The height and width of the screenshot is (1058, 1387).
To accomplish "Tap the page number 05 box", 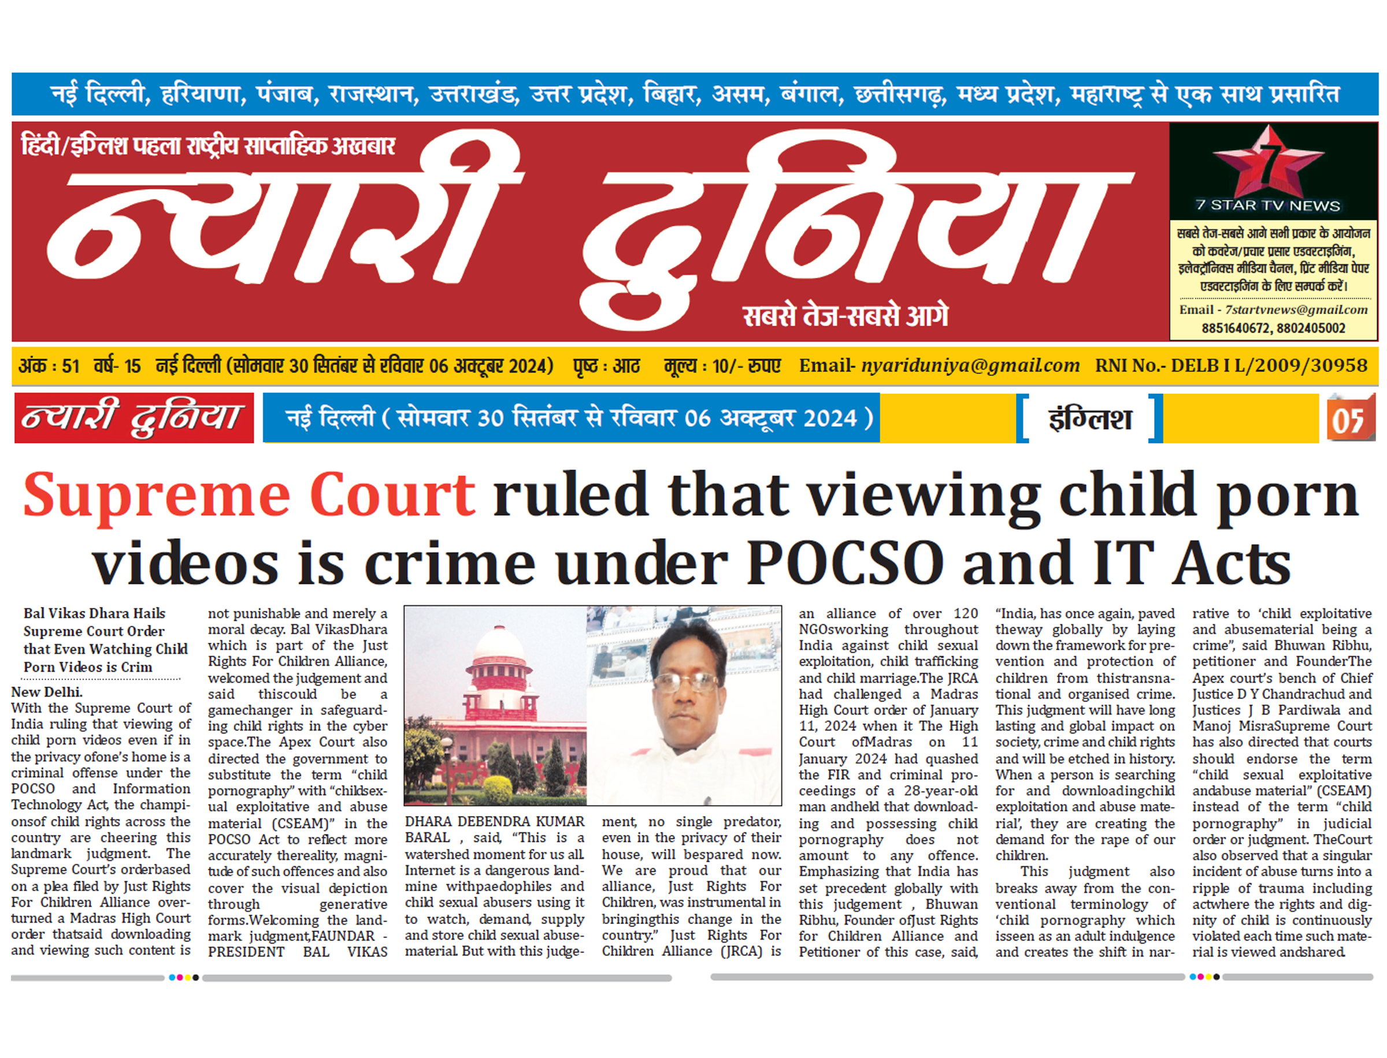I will pyautogui.click(x=1350, y=419).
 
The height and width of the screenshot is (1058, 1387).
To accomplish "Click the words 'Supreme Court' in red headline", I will pyautogui.click(x=249, y=496).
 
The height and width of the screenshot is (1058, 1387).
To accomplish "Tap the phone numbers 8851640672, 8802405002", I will pyautogui.click(x=1273, y=328).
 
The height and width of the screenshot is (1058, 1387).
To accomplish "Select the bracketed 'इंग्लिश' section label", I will pyautogui.click(x=1089, y=419).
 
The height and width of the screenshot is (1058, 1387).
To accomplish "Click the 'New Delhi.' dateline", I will pyautogui.click(x=47, y=691).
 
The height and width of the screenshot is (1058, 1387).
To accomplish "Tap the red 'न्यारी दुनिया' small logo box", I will pyautogui.click(x=133, y=418).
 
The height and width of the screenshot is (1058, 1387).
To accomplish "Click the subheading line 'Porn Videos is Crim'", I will pyautogui.click(x=88, y=667).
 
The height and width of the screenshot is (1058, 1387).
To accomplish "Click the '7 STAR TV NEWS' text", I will pyautogui.click(x=1267, y=205).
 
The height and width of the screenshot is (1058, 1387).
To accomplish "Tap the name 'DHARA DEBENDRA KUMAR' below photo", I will pyautogui.click(x=494, y=821).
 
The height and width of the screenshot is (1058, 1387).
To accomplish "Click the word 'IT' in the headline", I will pyautogui.click(x=1123, y=562).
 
